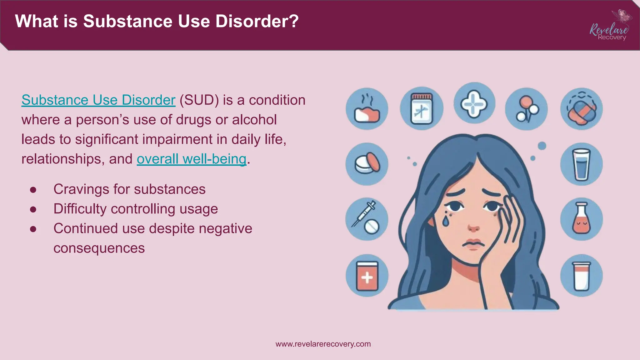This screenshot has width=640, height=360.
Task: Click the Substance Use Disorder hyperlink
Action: (98, 100)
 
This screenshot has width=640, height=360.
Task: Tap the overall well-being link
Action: (192, 159)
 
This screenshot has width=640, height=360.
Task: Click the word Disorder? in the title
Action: (257, 21)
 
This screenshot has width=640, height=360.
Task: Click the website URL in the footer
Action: (323, 344)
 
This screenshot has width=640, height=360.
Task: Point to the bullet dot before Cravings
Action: (33, 190)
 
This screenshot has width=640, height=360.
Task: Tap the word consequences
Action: (99, 248)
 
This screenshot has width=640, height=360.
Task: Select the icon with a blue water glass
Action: (581, 164)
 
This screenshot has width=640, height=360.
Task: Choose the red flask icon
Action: (581, 219)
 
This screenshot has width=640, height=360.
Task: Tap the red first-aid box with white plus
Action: (367, 276)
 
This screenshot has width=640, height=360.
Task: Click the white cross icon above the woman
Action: (474, 103)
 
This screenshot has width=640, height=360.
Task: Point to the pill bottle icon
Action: (421, 109)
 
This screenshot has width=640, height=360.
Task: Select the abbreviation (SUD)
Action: (199, 100)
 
